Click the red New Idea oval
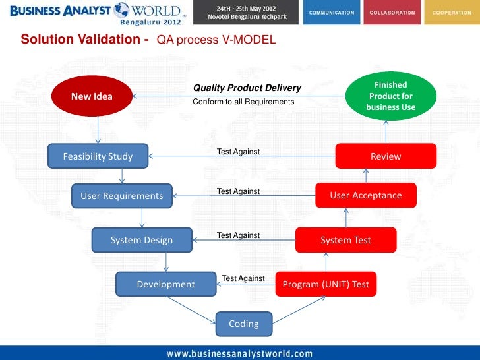click(x=92, y=96)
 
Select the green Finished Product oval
click(x=390, y=96)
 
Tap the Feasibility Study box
click(x=98, y=156)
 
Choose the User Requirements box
click(x=121, y=196)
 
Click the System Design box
click(x=142, y=240)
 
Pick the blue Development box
click(x=165, y=284)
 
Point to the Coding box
click(x=243, y=324)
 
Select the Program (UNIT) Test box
click(x=326, y=284)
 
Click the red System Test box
click(x=345, y=240)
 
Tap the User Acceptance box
click(x=365, y=195)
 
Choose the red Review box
click(x=386, y=156)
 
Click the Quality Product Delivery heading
click(x=247, y=88)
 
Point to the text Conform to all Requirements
click(x=243, y=102)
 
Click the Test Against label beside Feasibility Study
click(x=238, y=152)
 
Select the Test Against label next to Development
click(x=243, y=278)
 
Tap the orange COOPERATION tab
click(x=451, y=13)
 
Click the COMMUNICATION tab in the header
click(x=332, y=13)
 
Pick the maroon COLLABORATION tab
click(x=392, y=13)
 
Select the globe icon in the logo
click(x=121, y=10)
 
